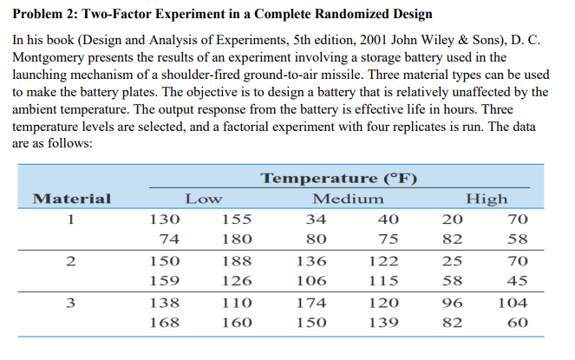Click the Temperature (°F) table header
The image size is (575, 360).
coord(339,179)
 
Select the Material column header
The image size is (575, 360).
coord(71,199)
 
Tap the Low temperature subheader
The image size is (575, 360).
coord(202,199)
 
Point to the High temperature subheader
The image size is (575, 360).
coord(487,199)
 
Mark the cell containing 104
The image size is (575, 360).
coord(513,303)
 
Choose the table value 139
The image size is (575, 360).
coord(382,323)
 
